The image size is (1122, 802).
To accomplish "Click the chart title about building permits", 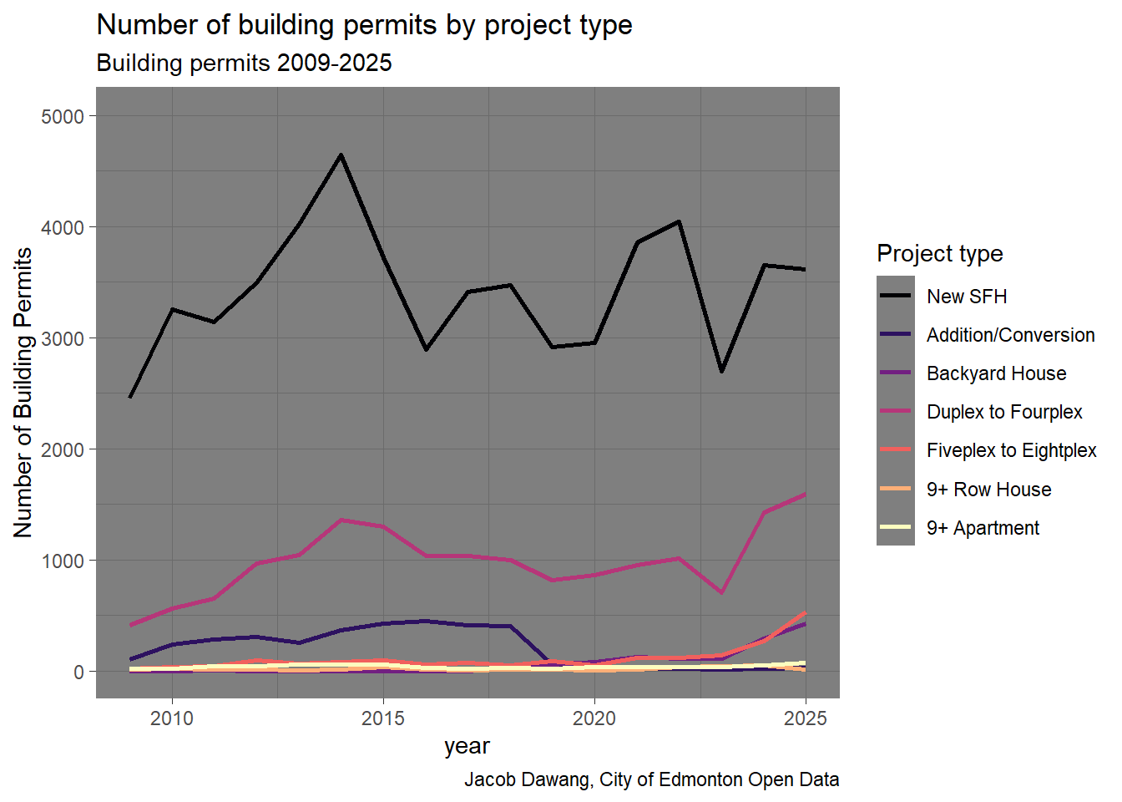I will [364, 25].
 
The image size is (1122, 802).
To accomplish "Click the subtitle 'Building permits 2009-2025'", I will [244, 63].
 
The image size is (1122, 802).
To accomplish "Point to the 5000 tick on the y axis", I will [63, 116].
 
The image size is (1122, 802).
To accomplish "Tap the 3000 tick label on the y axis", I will [63, 338].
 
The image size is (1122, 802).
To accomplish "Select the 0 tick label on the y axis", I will [78, 672].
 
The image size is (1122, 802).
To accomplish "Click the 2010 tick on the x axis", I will [172, 718].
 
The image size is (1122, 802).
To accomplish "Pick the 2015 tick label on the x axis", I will [383, 718].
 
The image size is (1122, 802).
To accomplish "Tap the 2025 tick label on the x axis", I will [806, 718].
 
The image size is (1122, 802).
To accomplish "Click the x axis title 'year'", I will [467, 746].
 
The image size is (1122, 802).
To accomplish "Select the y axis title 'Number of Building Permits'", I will [23, 393].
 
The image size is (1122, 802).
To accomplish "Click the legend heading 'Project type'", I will [939, 253].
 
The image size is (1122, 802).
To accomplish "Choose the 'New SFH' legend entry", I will [967, 297].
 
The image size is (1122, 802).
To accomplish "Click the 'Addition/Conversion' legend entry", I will [1010, 335].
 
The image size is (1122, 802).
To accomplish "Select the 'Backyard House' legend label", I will [996, 373].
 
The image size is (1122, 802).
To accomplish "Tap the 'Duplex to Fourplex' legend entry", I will [1004, 412].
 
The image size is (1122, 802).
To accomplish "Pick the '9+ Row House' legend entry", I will [988, 490].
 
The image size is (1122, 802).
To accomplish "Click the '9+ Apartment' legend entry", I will [983, 528].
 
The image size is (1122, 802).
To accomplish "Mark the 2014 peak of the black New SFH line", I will [341, 155].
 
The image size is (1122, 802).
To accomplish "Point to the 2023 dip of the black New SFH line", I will [721, 371].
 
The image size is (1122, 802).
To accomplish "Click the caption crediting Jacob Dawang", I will [651, 779].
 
